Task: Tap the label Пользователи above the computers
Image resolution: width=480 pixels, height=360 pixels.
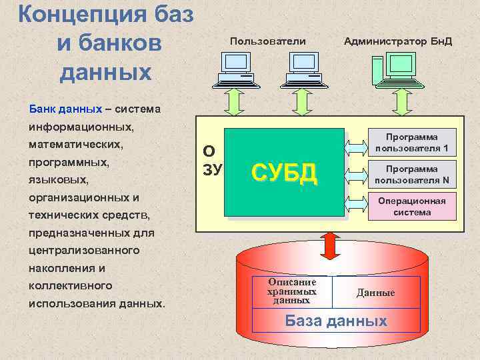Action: tap(267, 41)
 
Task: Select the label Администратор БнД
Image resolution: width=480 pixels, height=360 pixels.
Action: tap(398, 41)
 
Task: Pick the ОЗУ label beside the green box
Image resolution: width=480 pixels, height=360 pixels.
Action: tap(212, 160)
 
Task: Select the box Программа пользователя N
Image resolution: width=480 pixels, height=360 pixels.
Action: tap(411, 175)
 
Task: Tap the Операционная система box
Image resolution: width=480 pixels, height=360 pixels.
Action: tap(411, 207)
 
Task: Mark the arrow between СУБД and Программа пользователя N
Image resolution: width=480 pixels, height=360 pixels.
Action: tap(356, 175)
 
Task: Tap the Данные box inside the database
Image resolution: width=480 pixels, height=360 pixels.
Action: tap(376, 293)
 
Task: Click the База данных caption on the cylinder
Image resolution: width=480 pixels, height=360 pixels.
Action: tap(336, 321)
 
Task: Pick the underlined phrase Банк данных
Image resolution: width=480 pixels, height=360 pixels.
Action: tap(65, 108)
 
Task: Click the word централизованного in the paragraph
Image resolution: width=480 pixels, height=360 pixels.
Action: tap(84, 251)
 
